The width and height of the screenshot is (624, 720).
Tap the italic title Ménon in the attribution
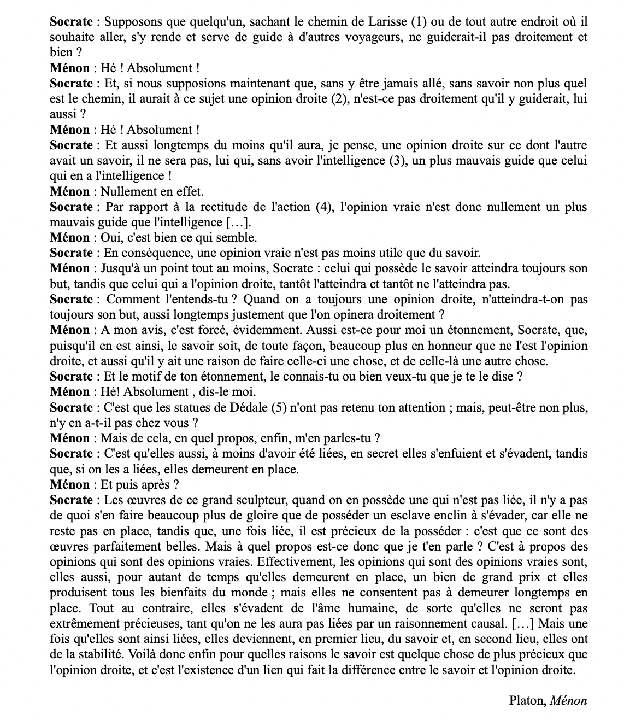[x=568, y=700]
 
